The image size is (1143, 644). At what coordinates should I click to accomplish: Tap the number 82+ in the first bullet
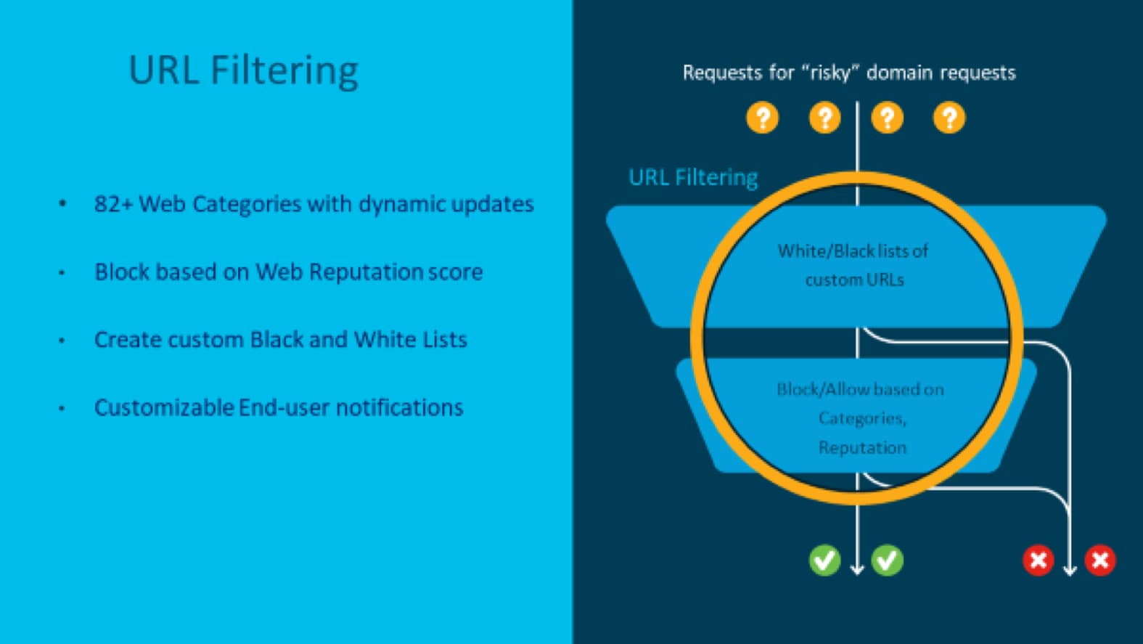click(x=113, y=204)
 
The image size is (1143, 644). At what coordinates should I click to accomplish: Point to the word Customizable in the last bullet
click(x=163, y=408)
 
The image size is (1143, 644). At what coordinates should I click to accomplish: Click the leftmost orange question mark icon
click(x=762, y=118)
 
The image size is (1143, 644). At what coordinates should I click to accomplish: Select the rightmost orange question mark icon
click(x=949, y=118)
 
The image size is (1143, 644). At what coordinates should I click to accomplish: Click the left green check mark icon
click(x=824, y=560)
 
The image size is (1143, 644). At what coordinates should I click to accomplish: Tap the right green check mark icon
click(x=887, y=560)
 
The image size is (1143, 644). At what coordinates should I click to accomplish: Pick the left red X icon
click(x=1038, y=560)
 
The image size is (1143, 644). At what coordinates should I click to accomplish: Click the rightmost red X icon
click(x=1100, y=560)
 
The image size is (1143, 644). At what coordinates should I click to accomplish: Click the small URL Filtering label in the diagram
click(x=693, y=178)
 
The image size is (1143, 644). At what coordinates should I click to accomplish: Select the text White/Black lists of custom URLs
click(x=853, y=265)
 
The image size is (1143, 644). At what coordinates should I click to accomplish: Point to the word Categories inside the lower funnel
click(x=861, y=418)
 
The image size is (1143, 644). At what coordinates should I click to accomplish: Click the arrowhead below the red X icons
click(x=1069, y=571)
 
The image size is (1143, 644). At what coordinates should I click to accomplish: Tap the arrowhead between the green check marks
click(x=857, y=569)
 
